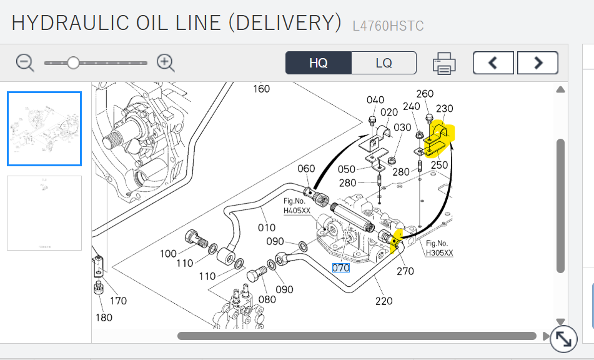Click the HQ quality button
click(319, 63)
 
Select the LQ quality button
click(384, 63)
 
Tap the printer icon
click(444, 63)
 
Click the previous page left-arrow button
click(493, 62)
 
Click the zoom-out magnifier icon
click(25, 62)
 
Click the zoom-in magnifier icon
click(166, 62)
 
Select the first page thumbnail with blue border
click(44, 129)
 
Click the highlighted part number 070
click(340, 268)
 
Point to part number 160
click(261, 89)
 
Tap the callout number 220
click(384, 301)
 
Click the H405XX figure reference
click(297, 211)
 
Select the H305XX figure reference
click(439, 253)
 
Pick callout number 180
click(104, 317)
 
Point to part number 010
click(267, 227)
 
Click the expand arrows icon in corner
click(564, 339)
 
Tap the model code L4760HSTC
click(388, 26)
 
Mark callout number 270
click(405, 271)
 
